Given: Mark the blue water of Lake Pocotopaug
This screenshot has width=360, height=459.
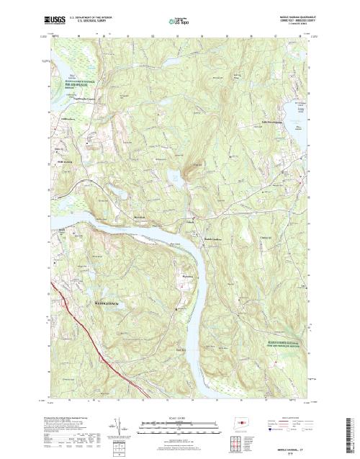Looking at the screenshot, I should coord(295,108).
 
